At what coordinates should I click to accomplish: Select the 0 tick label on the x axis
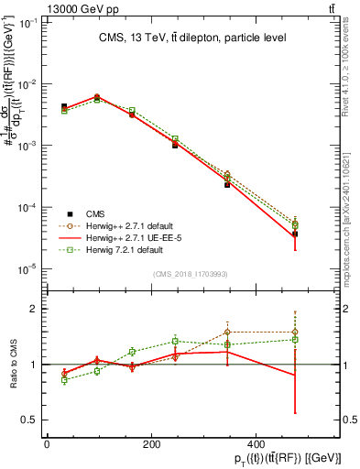(x=47, y=445)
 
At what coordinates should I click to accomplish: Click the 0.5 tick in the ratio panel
(x=28, y=420)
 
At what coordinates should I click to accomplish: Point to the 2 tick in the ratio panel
(x=32, y=309)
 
